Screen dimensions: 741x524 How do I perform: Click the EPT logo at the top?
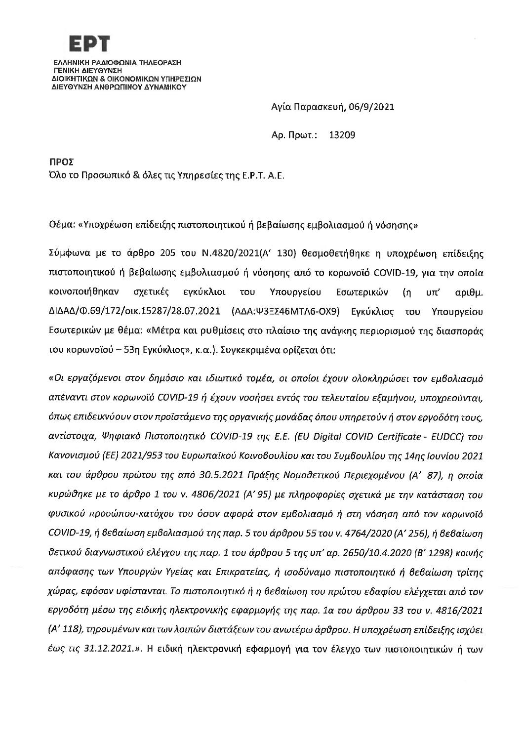coord(88,44)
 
